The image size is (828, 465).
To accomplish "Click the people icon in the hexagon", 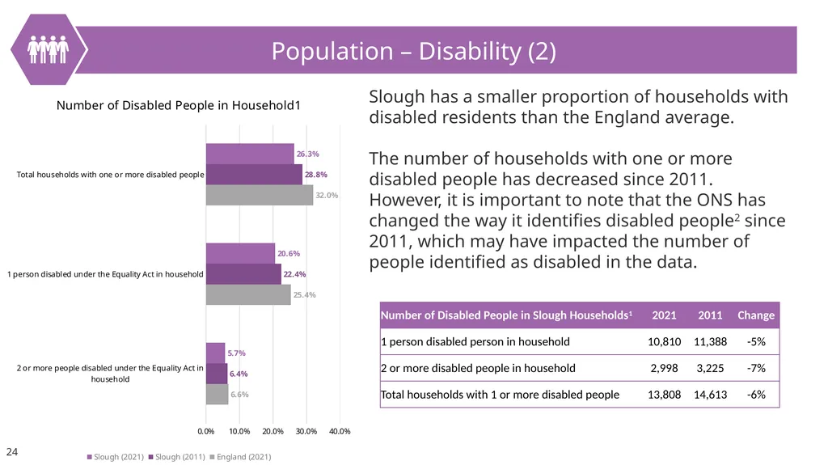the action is pyautogui.click(x=48, y=49).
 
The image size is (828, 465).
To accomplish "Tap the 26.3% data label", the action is pyautogui.click(x=308, y=154).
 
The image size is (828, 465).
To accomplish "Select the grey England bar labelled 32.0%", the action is pyautogui.click(x=260, y=195).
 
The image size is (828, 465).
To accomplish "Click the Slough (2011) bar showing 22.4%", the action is pyautogui.click(x=243, y=274).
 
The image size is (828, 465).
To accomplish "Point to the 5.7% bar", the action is pyautogui.click(x=215, y=353).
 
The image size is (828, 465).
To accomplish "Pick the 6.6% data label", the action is pyautogui.click(x=239, y=394).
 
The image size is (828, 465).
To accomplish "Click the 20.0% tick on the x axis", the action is pyautogui.click(x=273, y=431).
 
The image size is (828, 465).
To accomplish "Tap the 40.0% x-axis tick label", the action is pyautogui.click(x=340, y=431).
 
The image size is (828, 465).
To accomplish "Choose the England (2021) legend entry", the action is pyautogui.click(x=241, y=457).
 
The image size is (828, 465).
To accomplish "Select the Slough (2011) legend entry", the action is pyautogui.click(x=177, y=457).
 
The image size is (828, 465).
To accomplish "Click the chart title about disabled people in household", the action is pyautogui.click(x=179, y=105).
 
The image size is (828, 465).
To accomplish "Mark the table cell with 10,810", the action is pyautogui.click(x=665, y=342).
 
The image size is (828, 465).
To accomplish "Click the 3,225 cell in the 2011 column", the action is pyautogui.click(x=710, y=368).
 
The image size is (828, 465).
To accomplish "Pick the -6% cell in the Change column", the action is pyautogui.click(x=756, y=395).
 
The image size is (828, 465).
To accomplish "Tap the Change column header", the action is pyautogui.click(x=756, y=315).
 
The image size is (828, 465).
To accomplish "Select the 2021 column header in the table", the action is pyautogui.click(x=665, y=315).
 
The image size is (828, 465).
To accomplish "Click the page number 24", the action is pyautogui.click(x=11, y=452).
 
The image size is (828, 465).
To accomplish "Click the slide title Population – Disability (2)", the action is pyautogui.click(x=413, y=51).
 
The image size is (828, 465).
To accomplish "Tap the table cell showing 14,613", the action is pyautogui.click(x=710, y=395).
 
